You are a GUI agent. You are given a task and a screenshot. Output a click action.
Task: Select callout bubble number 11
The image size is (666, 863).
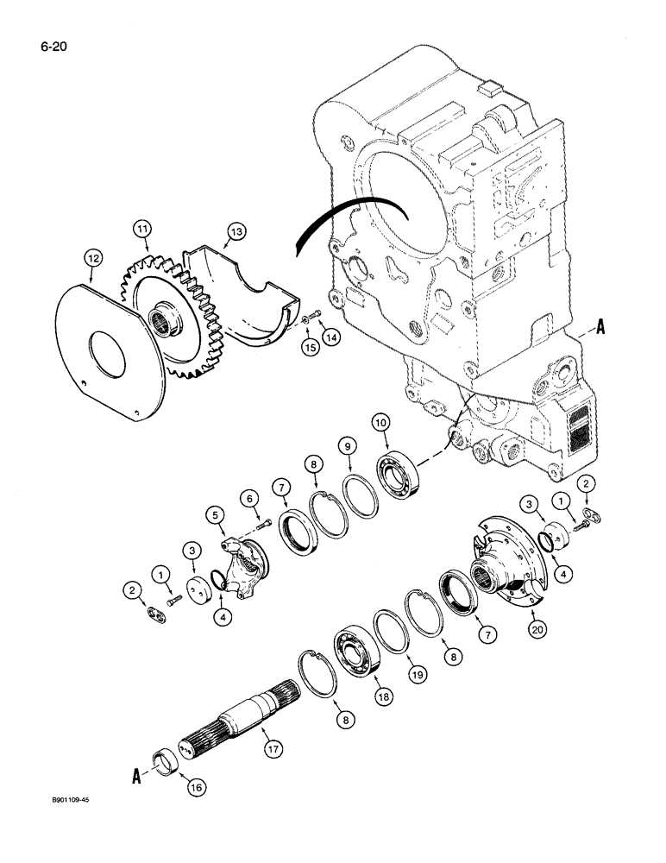click(141, 229)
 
